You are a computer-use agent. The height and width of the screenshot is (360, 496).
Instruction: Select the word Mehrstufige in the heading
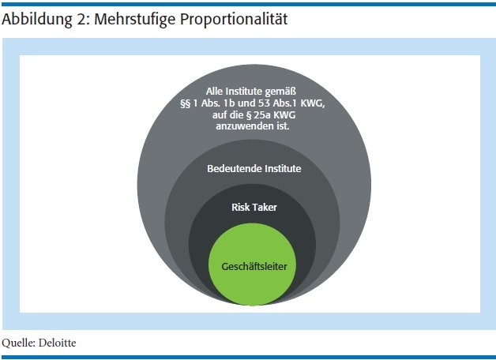134,19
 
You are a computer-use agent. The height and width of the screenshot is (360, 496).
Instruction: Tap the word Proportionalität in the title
234,19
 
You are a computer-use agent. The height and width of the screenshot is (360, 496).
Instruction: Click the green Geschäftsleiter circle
252,264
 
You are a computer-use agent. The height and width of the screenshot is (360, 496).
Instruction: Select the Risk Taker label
254,208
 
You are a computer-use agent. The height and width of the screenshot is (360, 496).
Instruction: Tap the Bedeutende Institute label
254,168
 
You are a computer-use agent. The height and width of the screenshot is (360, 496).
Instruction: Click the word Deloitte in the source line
57,343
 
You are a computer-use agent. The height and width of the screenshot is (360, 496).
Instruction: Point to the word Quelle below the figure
18,343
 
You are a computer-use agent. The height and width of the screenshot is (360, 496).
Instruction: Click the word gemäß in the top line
280,92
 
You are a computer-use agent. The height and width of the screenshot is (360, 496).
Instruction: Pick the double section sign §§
186,103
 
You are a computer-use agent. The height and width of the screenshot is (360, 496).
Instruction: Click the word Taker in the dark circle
264,208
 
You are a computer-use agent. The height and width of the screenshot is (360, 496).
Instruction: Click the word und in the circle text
246,103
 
